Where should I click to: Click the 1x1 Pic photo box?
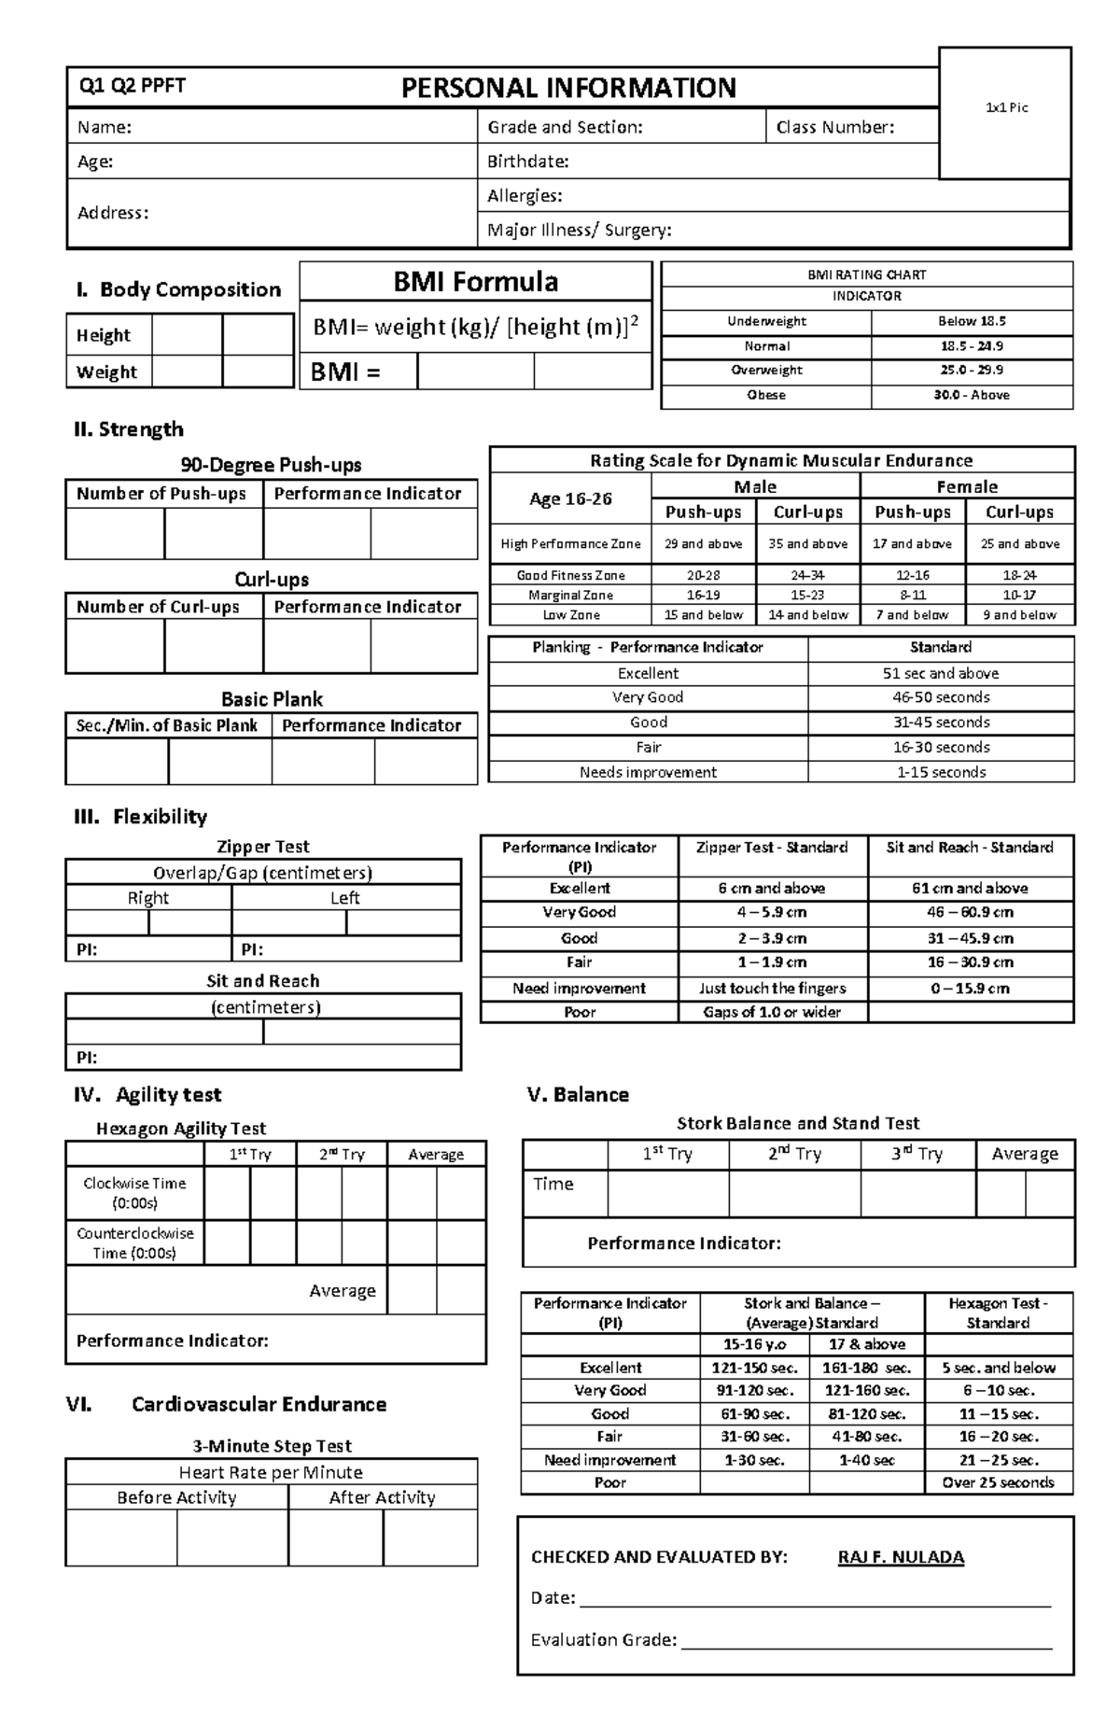pos(1005,112)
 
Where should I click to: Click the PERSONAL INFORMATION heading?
pos(568,88)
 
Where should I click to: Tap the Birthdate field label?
pos(528,161)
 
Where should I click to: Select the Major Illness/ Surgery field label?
pos(579,231)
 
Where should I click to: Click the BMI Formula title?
pos(475,281)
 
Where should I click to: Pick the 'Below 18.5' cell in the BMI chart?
pos(972,321)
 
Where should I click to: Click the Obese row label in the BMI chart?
pos(766,395)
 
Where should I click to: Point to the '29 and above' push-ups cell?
pos(703,543)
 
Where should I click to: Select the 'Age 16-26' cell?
pos(570,498)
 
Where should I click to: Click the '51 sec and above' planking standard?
pos(940,673)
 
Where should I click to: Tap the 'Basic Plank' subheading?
pos(272,699)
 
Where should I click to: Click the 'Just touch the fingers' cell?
pos(772,988)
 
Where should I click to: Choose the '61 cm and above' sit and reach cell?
pos(970,888)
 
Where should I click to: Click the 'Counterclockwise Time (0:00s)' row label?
pos(135,1243)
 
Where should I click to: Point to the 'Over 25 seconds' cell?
pos(998,1482)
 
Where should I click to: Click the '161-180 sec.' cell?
pos(866,1368)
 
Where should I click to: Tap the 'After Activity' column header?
pos(382,1497)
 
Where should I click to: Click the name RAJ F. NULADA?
pos(901,1557)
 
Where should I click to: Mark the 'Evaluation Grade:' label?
pos(603,1640)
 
